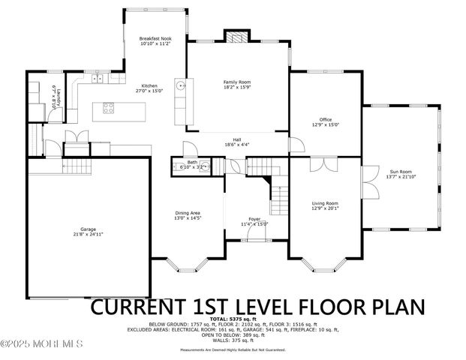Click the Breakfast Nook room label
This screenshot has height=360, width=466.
[155, 39]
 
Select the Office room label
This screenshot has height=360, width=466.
[325, 119]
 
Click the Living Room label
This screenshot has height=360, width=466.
[325, 203]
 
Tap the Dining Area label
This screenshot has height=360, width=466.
[188, 213]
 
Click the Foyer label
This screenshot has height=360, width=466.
[254, 219]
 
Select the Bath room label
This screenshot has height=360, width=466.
[192, 161]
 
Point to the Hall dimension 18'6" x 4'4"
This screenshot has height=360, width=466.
[236, 144]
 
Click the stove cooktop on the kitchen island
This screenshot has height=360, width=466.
[108, 106]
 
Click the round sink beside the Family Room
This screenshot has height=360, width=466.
[180, 85]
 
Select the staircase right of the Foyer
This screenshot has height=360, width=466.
[279, 199]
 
